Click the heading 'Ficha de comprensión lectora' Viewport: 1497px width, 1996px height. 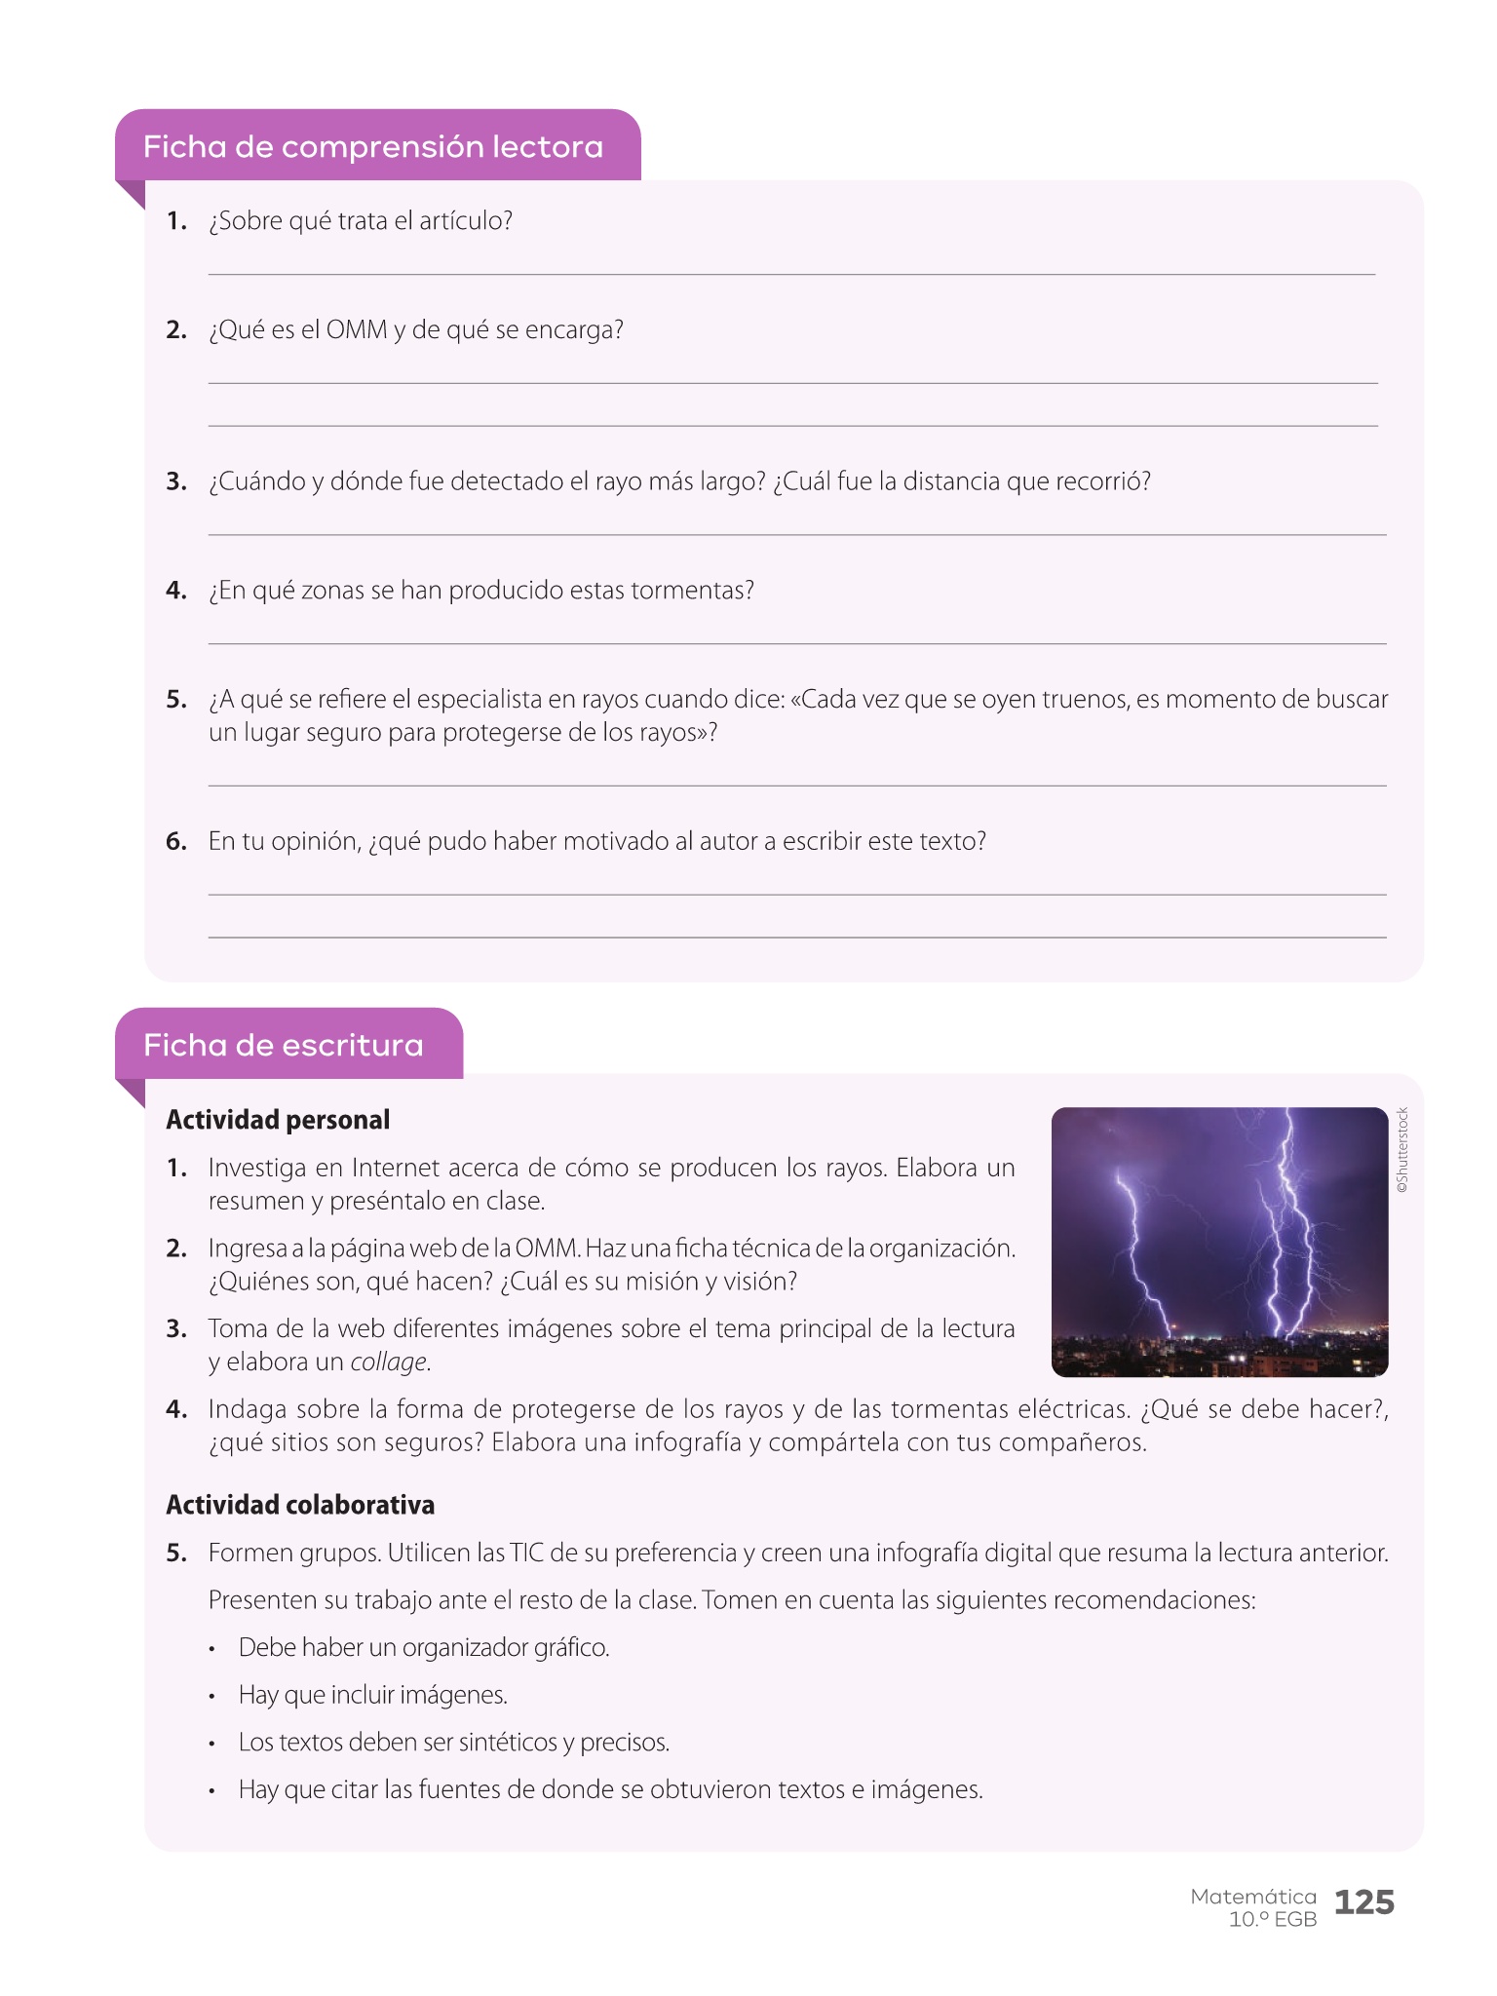[373, 147]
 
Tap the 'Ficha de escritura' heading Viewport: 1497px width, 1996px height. [283, 1046]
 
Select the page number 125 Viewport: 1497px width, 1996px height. [1363, 1901]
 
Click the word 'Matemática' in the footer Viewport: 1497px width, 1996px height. [1252, 1897]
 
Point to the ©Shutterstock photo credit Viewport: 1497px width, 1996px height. [1402, 1150]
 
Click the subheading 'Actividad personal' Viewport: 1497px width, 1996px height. [278, 1120]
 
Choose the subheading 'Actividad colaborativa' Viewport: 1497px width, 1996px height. [300, 1505]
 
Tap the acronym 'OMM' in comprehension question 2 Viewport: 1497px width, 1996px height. [357, 330]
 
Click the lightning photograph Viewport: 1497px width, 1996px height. [1219, 1242]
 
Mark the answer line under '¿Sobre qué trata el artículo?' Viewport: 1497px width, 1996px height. [791, 274]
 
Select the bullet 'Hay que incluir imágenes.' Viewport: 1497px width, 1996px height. [373, 1695]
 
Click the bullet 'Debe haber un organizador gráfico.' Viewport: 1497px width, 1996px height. [424, 1648]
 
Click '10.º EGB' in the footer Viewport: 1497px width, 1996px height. [1272, 1920]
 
